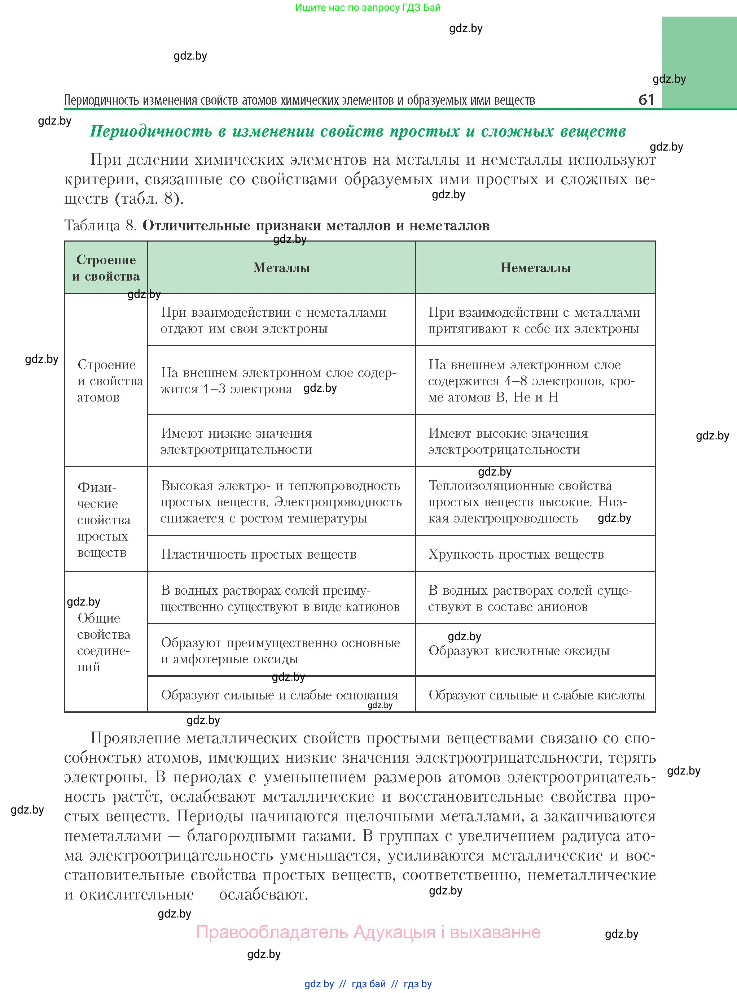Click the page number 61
point(646,100)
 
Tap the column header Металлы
point(281,268)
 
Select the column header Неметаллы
point(535,268)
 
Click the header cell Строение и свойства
point(106,268)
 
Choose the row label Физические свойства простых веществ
point(104,519)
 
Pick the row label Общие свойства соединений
point(104,642)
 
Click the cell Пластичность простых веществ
point(259,554)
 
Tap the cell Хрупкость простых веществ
point(516,554)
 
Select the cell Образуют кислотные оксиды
point(519,651)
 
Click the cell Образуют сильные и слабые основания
point(279,695)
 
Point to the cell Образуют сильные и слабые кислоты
point(537,695)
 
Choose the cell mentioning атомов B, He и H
point(531,381)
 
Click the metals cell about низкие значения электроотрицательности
point(236,441)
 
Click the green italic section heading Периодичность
point(357,131)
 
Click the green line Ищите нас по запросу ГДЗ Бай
point(368,8)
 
